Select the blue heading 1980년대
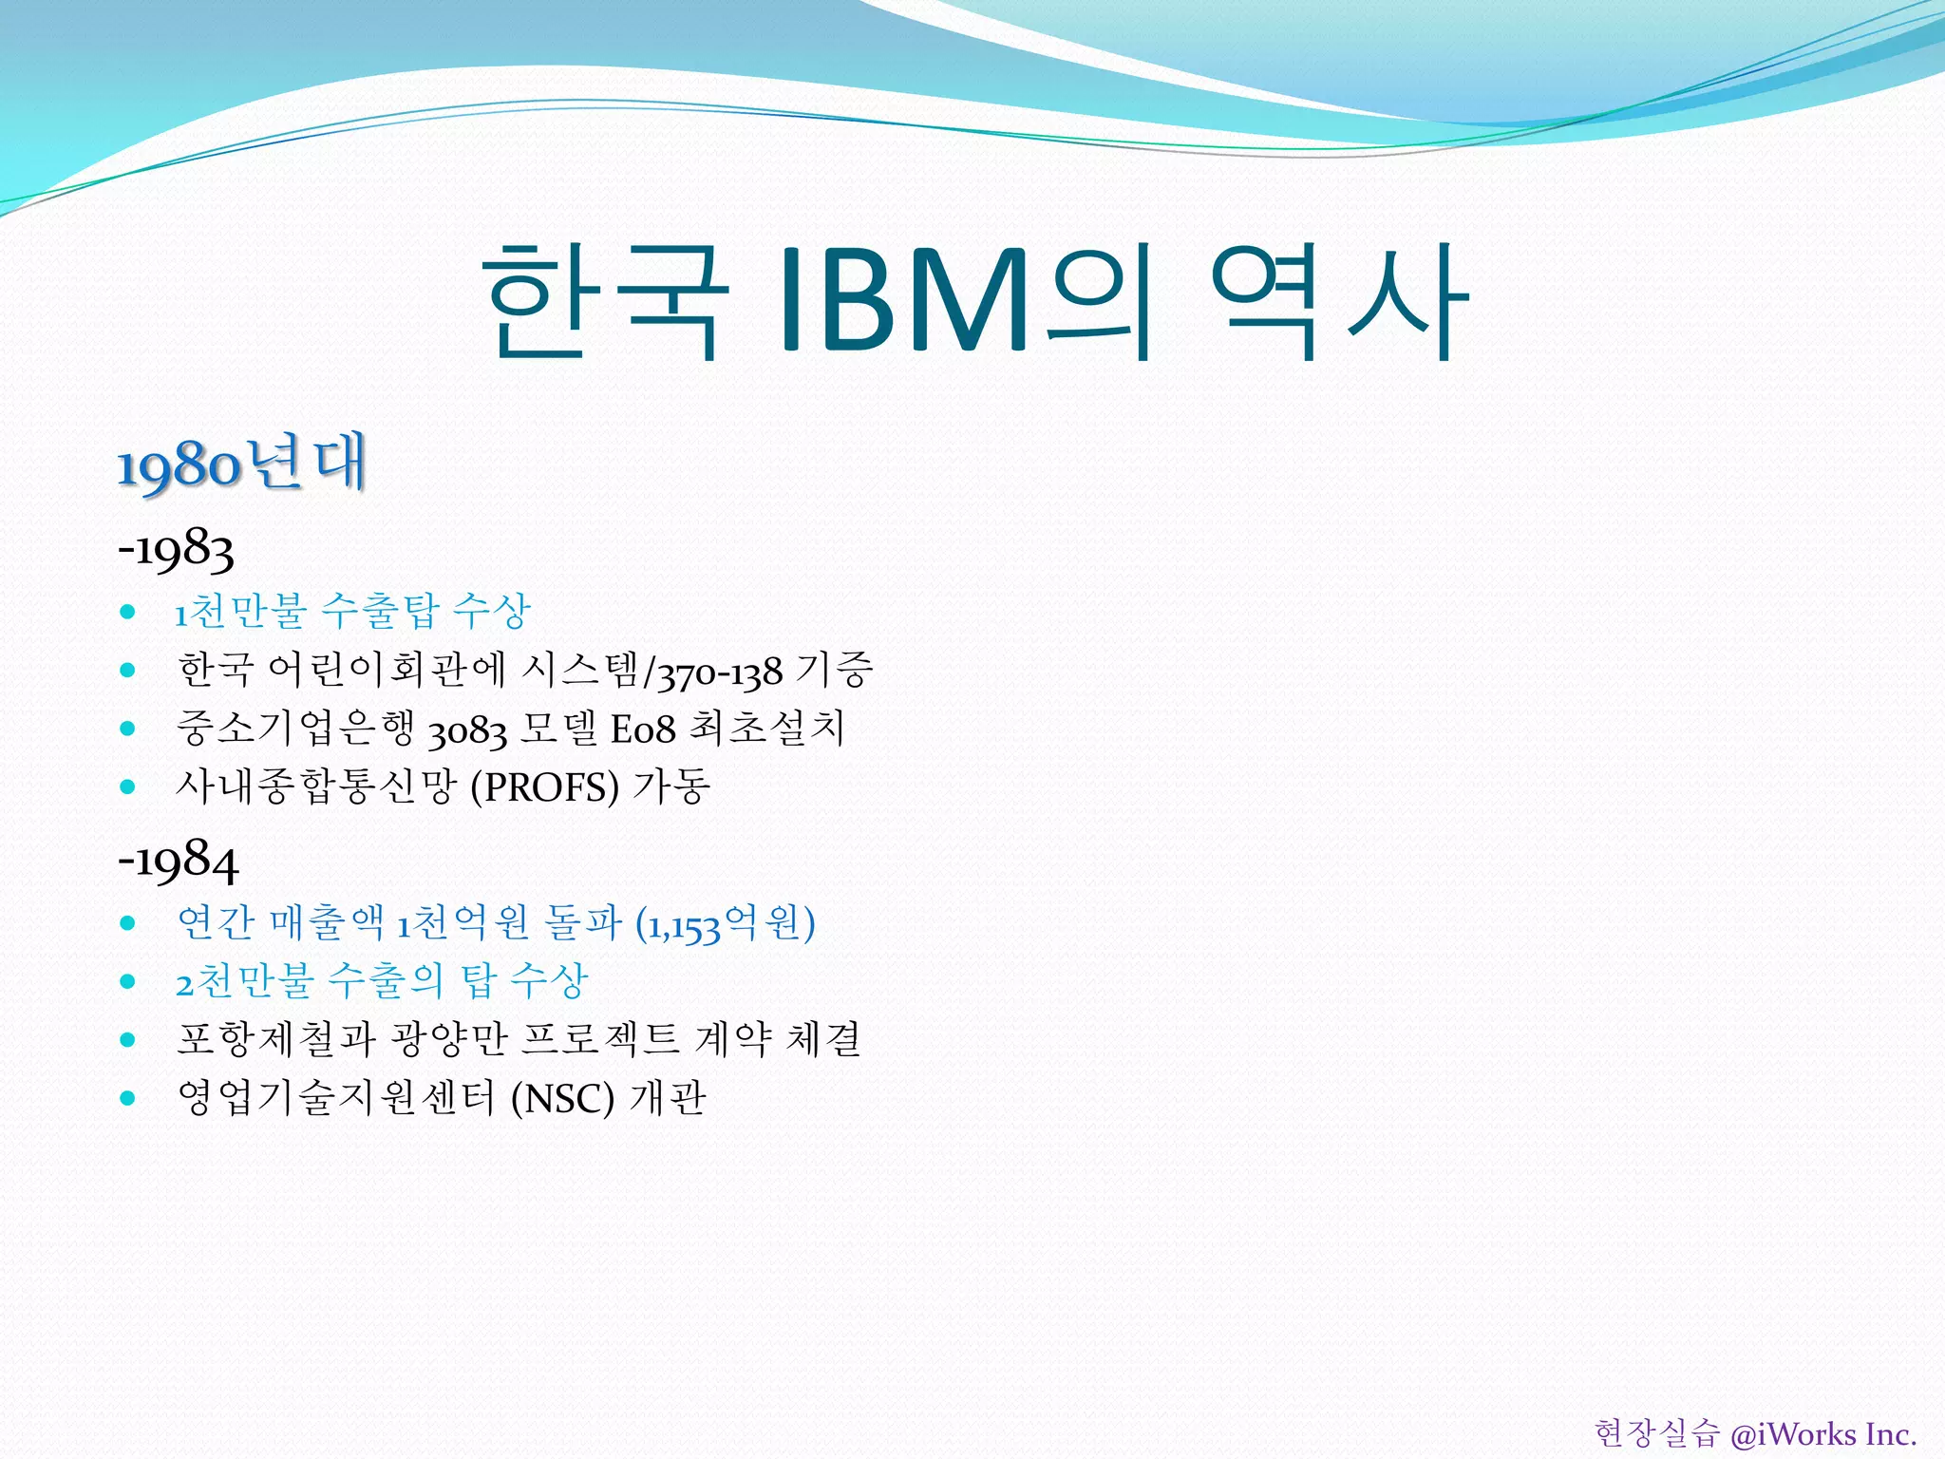tap(241, 464)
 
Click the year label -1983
tap(177, 550)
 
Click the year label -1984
tap(179, 861)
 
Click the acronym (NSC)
tap(562, 1099)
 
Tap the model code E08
tap(642, 729)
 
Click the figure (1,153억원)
tap(725, 924)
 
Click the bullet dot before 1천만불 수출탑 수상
tap(128, 612)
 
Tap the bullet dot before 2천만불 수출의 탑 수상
tap(128, 981)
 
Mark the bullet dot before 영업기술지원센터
tap(128, 1099)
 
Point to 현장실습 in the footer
tap(1656, 1433)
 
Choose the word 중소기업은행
tap(295, 729)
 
